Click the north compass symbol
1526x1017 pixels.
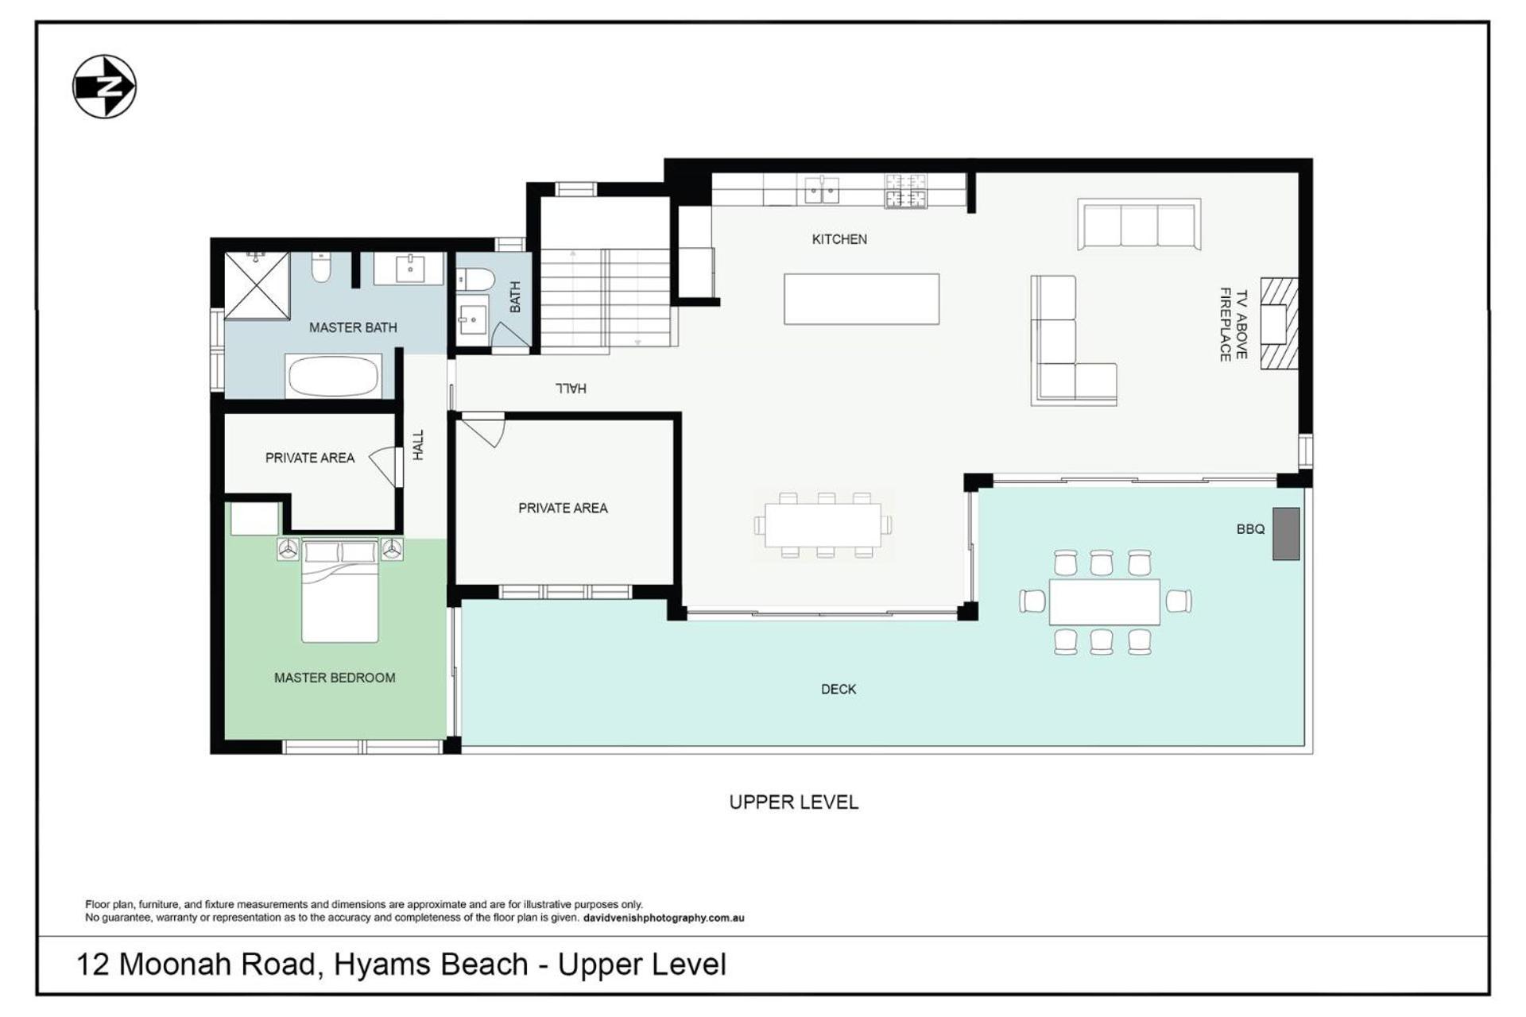(104, 87)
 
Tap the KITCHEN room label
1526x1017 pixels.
(839, 239)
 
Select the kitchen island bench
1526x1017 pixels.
(862, 299)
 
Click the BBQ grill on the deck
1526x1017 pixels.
(1286, 534)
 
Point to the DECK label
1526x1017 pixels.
(839, 689)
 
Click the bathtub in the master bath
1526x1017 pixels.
(333, 376)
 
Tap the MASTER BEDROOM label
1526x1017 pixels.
(335, 678)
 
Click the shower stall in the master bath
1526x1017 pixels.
(257, 285)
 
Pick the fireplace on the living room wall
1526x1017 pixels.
(1279, 324)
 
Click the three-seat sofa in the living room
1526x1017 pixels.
(1139, 225)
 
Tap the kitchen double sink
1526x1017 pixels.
(822, 191)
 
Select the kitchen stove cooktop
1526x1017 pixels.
(906, 191)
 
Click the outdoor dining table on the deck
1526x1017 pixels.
(1104, 602)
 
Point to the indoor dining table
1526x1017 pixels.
(823, 525)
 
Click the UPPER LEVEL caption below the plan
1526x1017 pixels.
(794, 802)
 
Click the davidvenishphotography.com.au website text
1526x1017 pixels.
(664, 918)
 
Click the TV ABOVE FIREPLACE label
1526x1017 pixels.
(1234, 324)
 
